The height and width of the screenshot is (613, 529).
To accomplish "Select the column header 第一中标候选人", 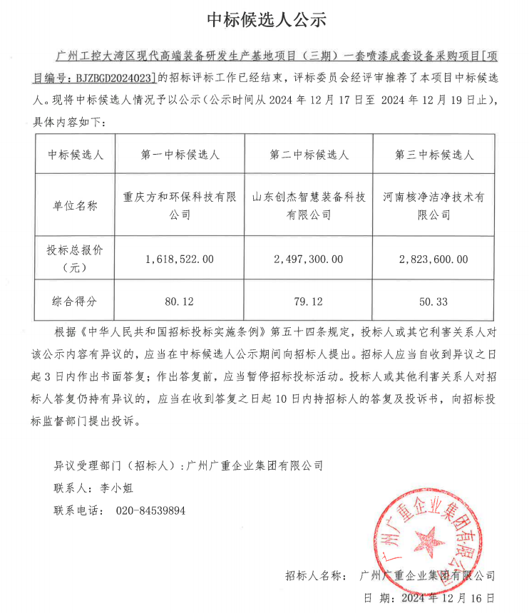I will tap(180, 155).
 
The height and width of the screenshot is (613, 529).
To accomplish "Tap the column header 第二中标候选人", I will tap(309, 155).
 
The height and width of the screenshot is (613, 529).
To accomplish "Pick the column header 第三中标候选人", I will tap(433, 155).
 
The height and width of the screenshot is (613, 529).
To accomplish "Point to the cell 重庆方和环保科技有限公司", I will tap(180, 205).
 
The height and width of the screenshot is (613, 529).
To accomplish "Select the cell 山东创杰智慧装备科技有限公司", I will tap(309, 205).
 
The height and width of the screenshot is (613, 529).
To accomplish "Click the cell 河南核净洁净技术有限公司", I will tap(433, 205).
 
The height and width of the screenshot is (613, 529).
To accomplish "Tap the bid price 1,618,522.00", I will tap(180, 259).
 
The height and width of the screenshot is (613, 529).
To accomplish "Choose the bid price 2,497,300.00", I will tap(309, 259).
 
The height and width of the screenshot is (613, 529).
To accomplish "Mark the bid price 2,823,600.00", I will tap(433, 259).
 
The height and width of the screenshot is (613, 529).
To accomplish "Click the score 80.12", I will tap(180, 302).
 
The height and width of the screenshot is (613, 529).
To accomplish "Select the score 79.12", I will tap(309, 302).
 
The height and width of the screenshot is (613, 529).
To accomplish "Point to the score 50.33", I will tap(433, 302).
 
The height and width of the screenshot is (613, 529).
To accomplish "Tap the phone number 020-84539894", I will tap(150, 510).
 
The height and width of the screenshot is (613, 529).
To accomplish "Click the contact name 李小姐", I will tap(114, 488).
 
